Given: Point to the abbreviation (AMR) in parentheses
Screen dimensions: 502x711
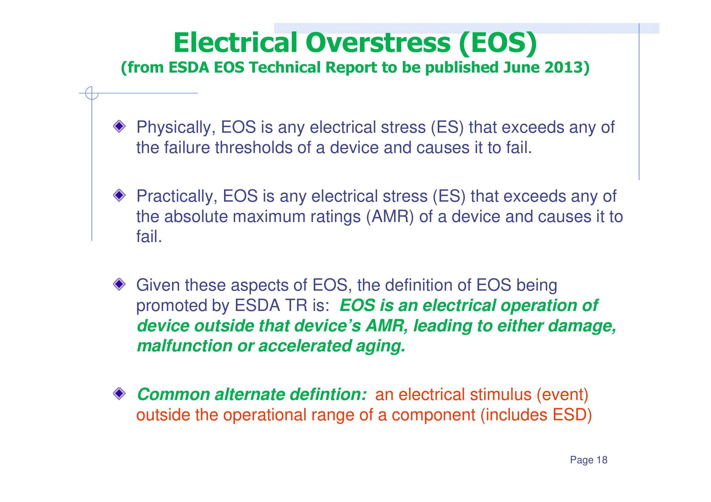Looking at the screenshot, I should coord(390,217).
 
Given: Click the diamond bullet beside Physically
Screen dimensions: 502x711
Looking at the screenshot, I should coord(119,126).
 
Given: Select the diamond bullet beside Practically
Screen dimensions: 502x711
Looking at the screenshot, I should coord(119,195).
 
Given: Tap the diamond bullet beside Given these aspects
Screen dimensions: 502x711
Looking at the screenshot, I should coord(119,284).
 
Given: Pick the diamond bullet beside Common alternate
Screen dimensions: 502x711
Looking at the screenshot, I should coord(119,394).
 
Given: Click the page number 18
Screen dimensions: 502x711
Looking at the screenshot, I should coord(602,460).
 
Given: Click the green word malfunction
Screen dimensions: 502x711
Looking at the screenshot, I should coord(185,346).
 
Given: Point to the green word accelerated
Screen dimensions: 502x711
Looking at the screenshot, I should coord(305,346).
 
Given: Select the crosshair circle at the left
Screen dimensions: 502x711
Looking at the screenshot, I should coord(92,93).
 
